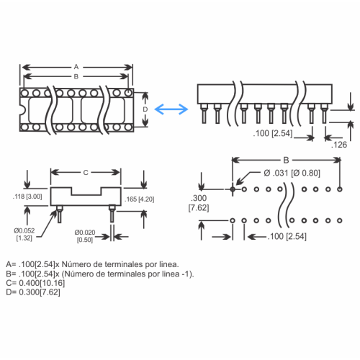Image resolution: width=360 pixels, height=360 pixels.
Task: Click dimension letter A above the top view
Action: tap(76, 66)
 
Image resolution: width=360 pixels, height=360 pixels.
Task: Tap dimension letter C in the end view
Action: tap(86, 173)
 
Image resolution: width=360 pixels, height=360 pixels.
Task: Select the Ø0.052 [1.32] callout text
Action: tap(22, 234)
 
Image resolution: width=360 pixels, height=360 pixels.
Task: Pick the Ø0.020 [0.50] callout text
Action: tap(84, 236)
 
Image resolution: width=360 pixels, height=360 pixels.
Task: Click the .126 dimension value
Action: tap(341, 145)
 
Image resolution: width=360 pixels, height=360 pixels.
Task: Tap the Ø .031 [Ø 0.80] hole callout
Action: tap(293, 172)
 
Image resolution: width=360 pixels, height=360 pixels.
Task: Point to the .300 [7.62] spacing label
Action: tap(199, 202)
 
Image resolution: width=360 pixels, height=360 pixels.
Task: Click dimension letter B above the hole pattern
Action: tap(286, 159)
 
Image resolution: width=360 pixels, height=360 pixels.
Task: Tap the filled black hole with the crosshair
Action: tap(233, 190)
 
